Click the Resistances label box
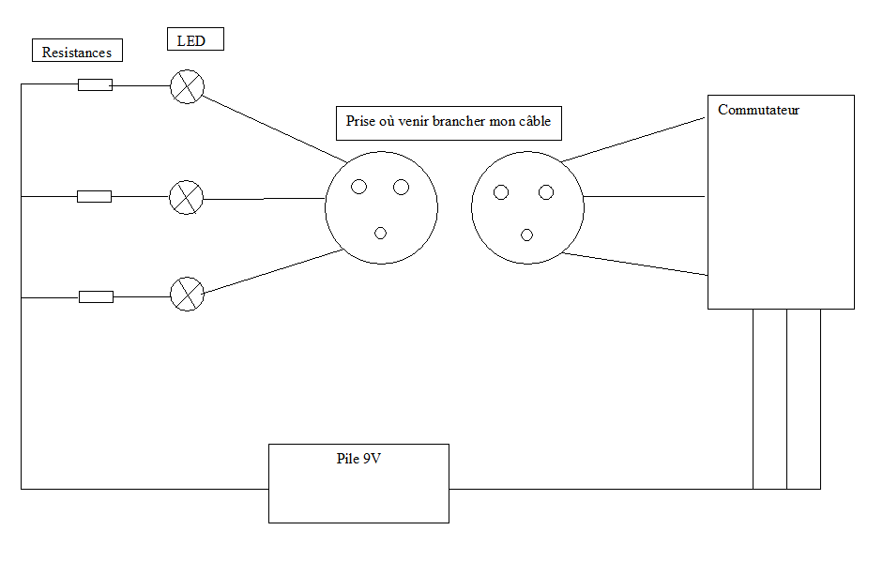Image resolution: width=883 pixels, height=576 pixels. (x=77, y=53)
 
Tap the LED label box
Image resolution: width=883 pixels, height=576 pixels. (x=195, y=40)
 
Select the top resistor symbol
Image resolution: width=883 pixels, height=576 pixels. (x=95, y=85)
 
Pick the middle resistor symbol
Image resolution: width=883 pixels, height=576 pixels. (x=94, y=196)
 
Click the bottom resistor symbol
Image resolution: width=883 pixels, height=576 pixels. (x=96, y=296)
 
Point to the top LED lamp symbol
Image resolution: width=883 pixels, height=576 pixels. (x=187, y=86)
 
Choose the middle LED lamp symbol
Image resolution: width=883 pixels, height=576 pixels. (x=186, y=197)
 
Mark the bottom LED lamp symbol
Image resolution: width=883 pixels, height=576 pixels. (x=187, y=294)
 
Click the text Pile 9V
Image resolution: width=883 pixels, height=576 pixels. (x=358, y=459)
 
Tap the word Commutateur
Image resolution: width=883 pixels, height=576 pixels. (x=758, y=110)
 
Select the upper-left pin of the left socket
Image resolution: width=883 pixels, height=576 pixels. (x=358, y=188)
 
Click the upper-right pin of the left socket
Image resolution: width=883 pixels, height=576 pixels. (x=401, y=188)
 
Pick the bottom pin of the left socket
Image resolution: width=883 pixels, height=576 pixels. (x=380, y=233)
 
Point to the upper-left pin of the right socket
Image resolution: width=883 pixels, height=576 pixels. (x=501, y=192)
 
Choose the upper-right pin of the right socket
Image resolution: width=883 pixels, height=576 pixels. (x=546, y=192)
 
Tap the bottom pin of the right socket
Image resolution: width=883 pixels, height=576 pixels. (x=526, y=235)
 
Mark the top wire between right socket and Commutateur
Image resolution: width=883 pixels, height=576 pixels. (x=634, y=139)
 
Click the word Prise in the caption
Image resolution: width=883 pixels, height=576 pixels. (x=360, y=122)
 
